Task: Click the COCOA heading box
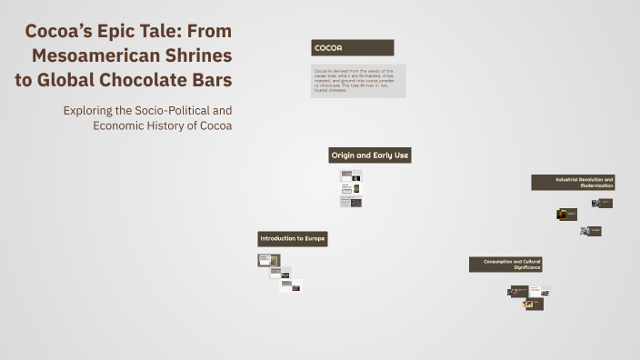[x=353, y=47]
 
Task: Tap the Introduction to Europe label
[x=292, y=239]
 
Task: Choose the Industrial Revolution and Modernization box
[x=574, y=183]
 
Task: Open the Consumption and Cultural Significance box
[x=506, y=265]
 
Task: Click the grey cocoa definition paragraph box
[x=358, y=80]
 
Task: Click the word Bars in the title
[x=212, y=80]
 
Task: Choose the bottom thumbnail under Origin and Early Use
[x=351, y=202]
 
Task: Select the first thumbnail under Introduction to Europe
[x=268, y=260]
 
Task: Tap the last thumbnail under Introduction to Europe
[x=291, y=285]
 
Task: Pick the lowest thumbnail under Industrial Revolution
[x=592, y=231]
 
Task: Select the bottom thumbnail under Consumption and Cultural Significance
[x=534, y=305]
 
